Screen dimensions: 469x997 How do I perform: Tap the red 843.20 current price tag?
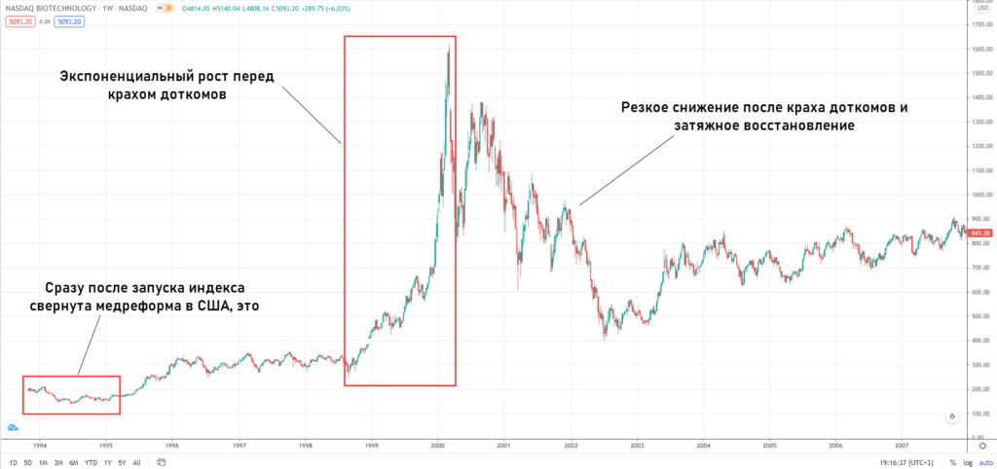tap(980, 233)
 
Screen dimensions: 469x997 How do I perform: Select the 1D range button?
tap(12, 462)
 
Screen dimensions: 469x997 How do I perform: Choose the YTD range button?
tap(91, 462)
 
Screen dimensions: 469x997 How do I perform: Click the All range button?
tap(136, 462)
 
